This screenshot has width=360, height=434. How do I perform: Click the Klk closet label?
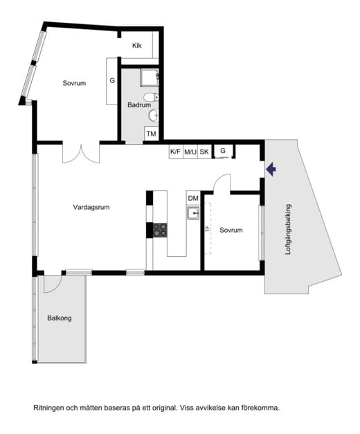tap(137, 46)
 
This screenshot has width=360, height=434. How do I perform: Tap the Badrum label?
tap(139, 105)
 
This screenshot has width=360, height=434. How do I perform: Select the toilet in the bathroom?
tap(151, 97)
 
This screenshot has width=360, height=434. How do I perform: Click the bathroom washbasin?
tap(154, 116)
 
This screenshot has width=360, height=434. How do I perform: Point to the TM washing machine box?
tap(151, 134)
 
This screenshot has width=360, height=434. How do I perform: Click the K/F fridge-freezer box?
tap(176, 152)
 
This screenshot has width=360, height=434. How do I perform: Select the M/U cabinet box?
tap(190, 152)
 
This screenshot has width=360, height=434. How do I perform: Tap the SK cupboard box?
tap(204, 152)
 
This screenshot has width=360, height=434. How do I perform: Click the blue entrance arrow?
tap(271, 169)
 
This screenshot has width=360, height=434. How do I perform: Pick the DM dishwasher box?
tap(193, 198)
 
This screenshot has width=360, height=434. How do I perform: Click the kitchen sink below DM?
tap(193, 213)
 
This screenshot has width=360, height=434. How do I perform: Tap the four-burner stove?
tap(161, 230)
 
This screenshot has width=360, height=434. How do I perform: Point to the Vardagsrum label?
tap(91, 207)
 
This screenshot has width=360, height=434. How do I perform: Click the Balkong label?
tap(60, 318)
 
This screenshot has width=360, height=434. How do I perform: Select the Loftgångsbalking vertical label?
tap(288, 229)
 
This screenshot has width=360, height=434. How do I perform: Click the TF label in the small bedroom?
tap(207, 228)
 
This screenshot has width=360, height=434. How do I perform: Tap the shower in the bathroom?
tap(150, 78)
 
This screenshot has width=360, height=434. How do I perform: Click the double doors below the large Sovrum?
tap(81, 153)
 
